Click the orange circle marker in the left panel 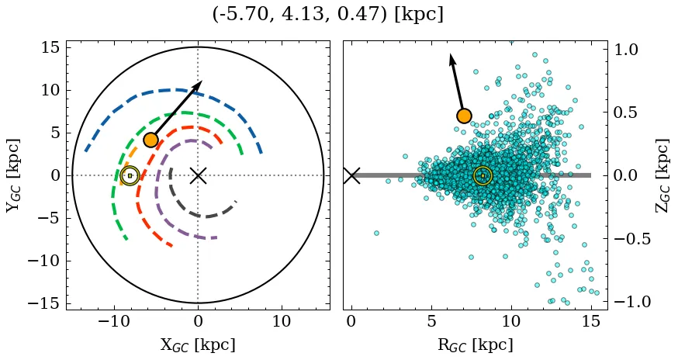pyautogui.click(x=150, y=140)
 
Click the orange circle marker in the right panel pyautogui.click(x=464, y=116)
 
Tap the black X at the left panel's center pyautogui.click(x=198, y=175)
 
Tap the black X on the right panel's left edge pyautogui.click(x=351, y=175)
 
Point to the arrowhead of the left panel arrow pyautogui.click(x=199, y=83)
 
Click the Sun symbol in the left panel pyautogui.click(x=130, y=175)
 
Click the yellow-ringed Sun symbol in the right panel pyautogui.click(x=483, y=175)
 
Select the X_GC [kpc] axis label pyautogui.click(x=198, y=344)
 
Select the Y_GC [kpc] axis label pyautogui.click(x=12, y=175)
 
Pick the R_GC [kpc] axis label pyautogui.click(x=476, y=344)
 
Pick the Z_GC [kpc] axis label pyautogui.click(x=662, y=175)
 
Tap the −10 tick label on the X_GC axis pyautogui.click(x=114, y=321)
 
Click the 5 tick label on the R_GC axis pyautogui.click(x=431, y=321)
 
